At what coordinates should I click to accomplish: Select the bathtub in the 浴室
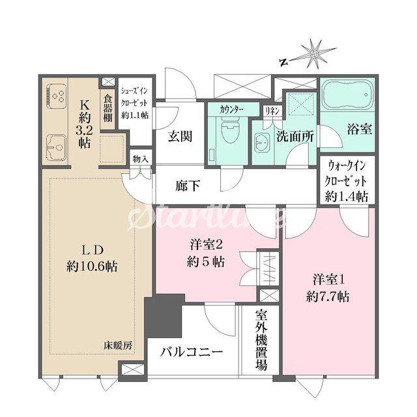coord(347,95)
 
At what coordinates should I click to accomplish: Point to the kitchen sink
coord(57,147)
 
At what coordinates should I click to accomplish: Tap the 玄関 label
coord(180,136)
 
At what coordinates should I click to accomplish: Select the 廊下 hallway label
coord(188,185)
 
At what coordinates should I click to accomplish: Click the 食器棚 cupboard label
coord(108,109)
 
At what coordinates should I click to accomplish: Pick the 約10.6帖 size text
coord(93,266)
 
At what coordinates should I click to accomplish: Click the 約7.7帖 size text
coord(328,296)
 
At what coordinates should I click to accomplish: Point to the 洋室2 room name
coord(206,245)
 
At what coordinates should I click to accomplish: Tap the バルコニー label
coord(192,352)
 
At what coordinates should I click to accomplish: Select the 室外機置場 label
coord(261,340)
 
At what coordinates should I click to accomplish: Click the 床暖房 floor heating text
coord(118,345)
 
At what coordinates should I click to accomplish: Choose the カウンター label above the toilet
coord(231,109)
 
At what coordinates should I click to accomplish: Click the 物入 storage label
coord(141,159)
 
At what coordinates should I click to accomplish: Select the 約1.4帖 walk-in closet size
coord(346,197)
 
